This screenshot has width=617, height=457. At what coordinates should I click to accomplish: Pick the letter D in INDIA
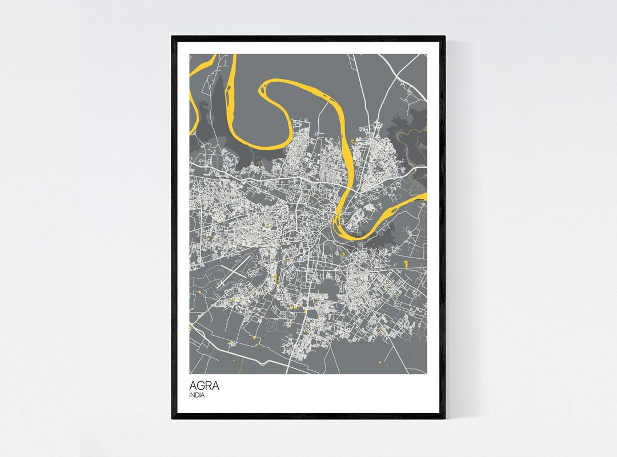click(x=197, y=395)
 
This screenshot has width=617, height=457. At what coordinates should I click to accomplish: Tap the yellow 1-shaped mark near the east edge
click(x=405, y=264)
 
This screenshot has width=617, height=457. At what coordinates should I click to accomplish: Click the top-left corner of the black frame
click(x=173, y=37)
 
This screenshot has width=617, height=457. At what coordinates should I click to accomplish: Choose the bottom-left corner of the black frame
click(x=173, y=418)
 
